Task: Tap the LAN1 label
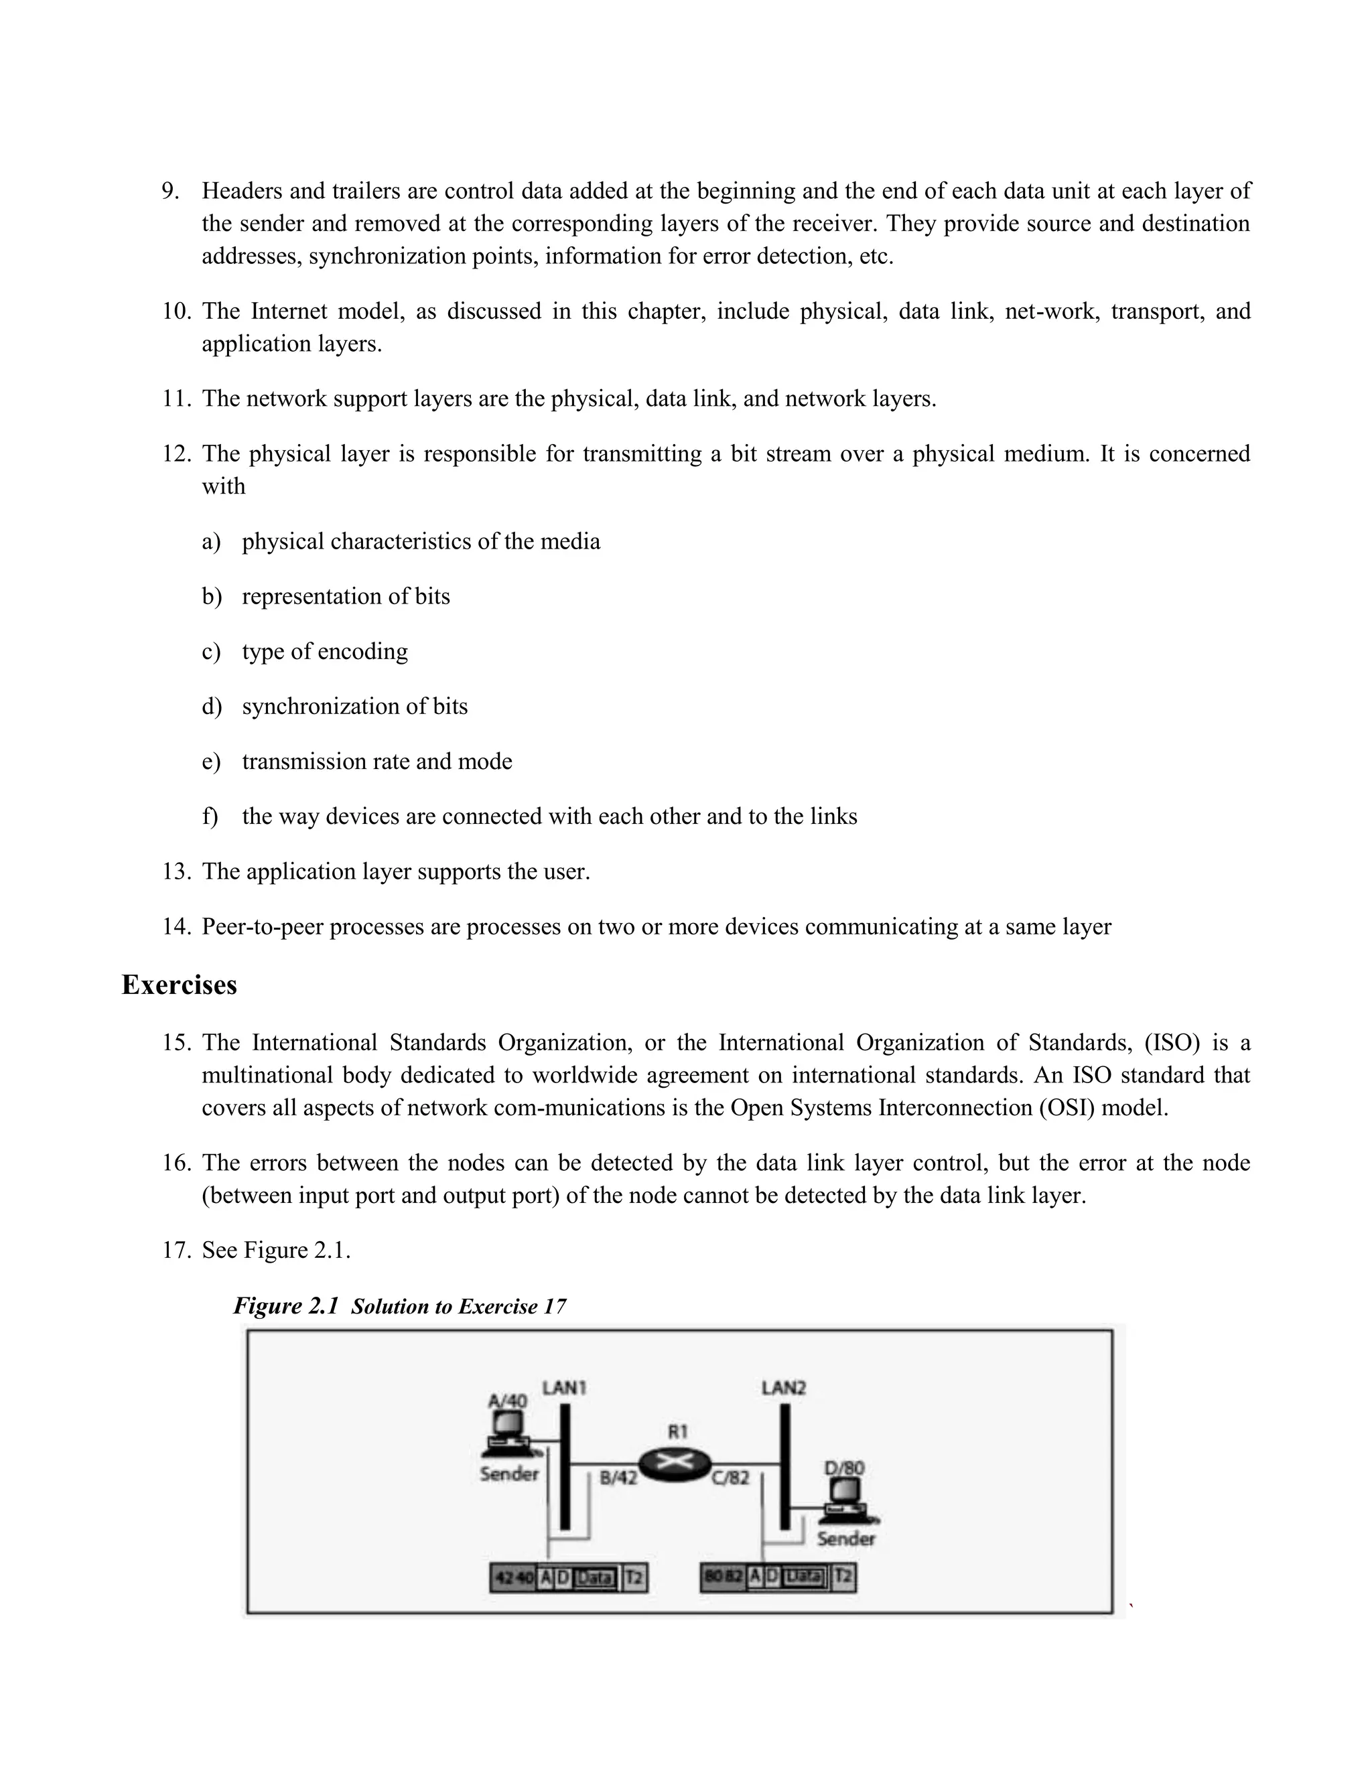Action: (x=564, y=1387)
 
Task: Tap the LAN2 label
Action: (x=784, y=1387)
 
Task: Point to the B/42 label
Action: (x=618, y=1478)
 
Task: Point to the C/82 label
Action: (x=730, y=1478)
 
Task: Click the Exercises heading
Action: (x=179, y=985)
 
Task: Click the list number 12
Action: (x=176, y=453)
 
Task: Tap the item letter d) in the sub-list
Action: (x=211, y=706)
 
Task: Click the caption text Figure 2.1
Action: (x=285, y=1306)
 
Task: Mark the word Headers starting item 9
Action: (x=241, y=191)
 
